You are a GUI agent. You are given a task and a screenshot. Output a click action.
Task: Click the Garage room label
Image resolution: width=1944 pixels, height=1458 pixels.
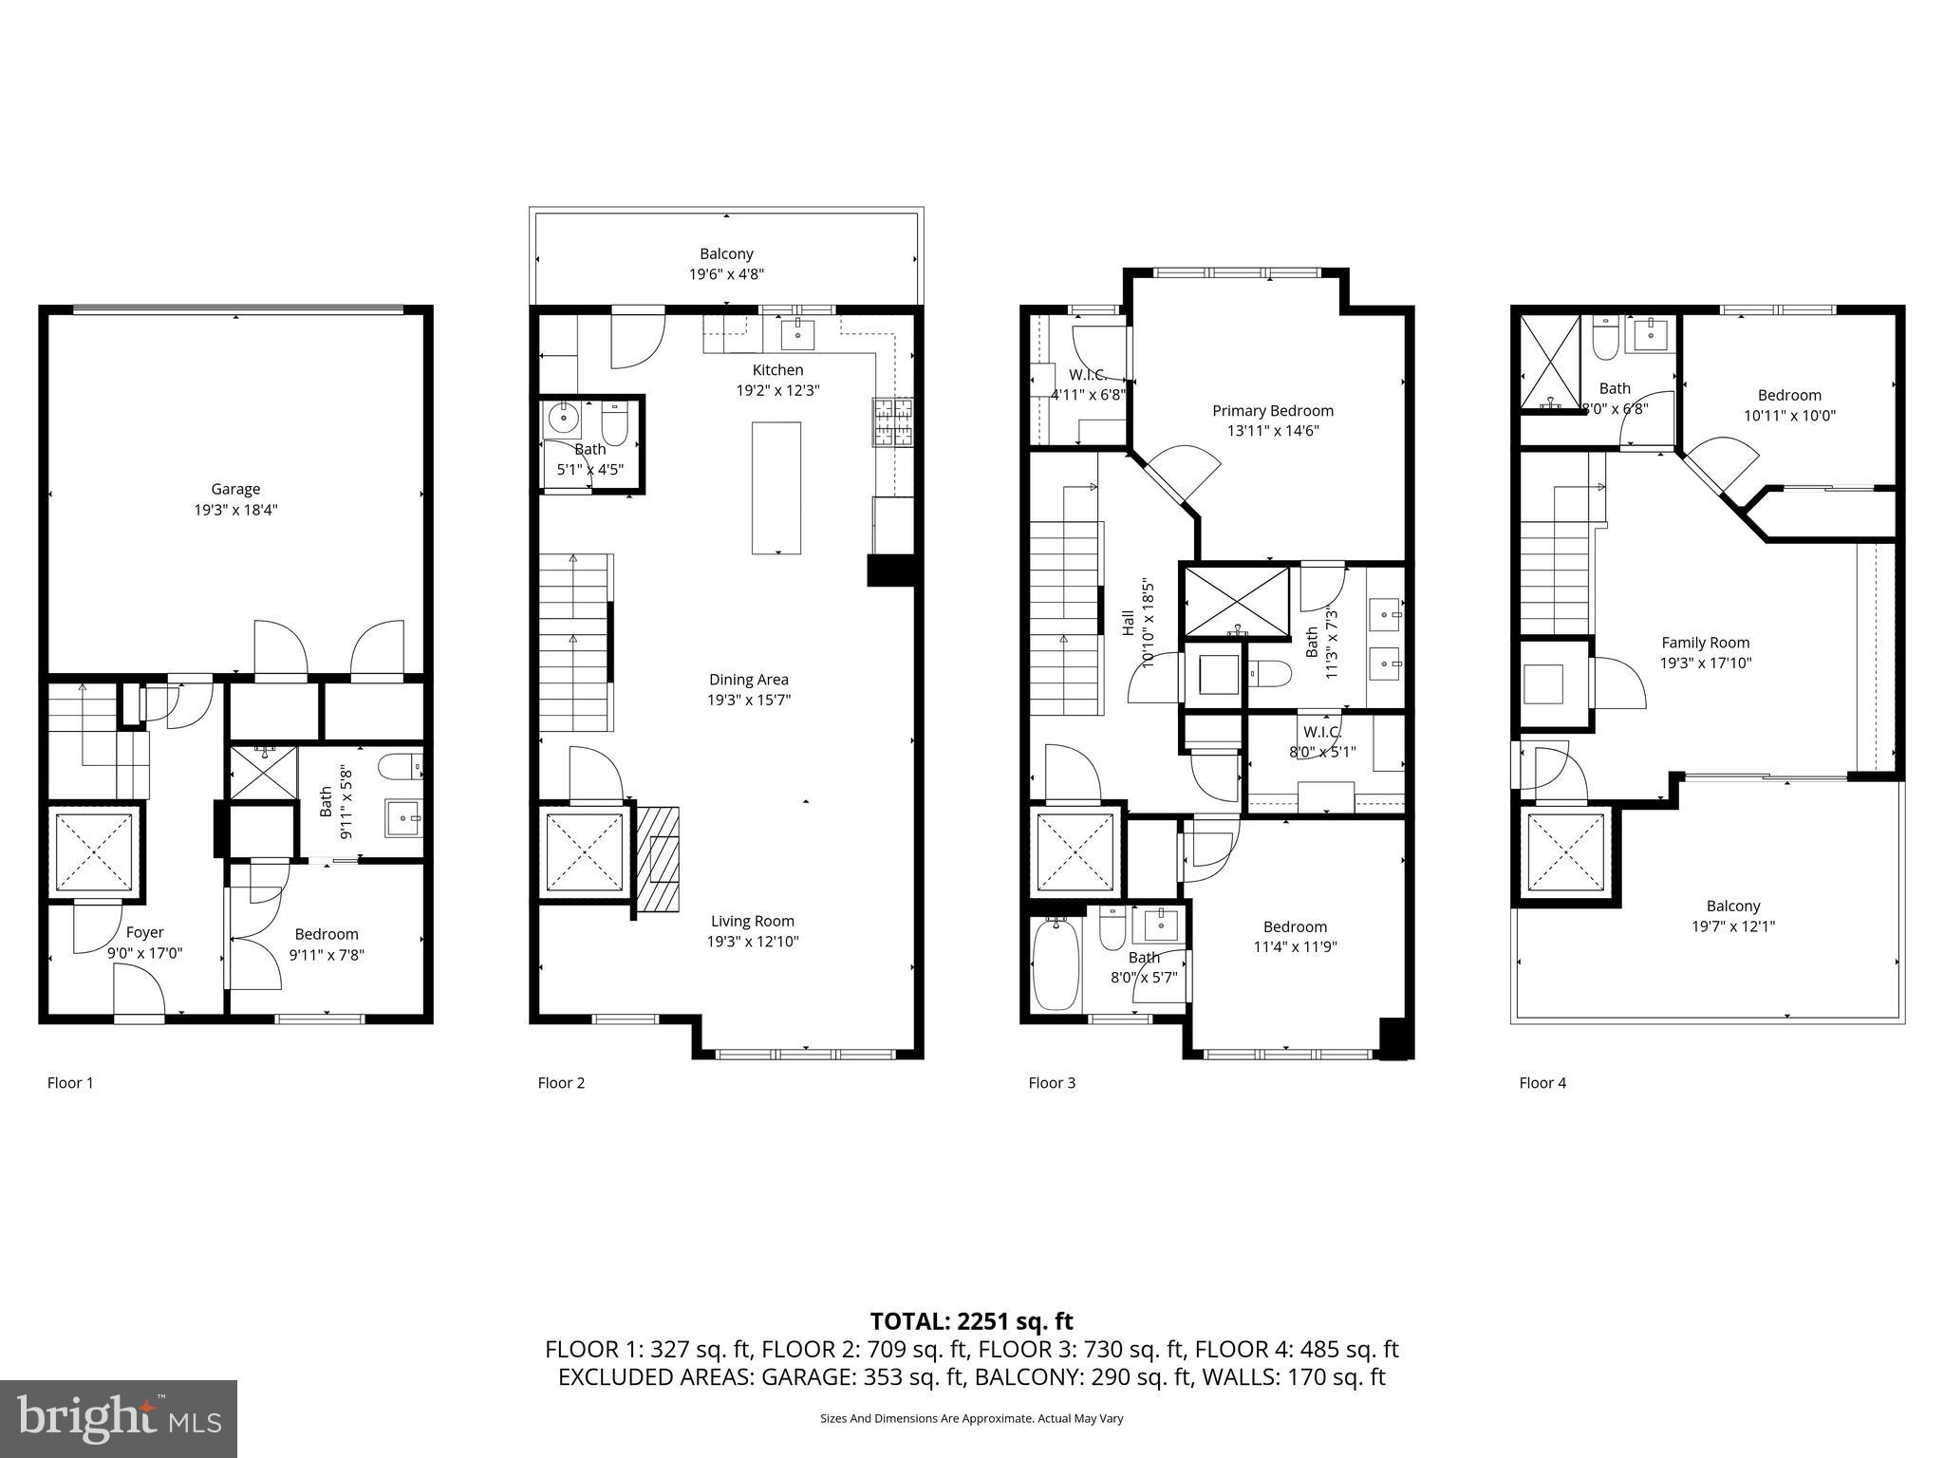point(235,490)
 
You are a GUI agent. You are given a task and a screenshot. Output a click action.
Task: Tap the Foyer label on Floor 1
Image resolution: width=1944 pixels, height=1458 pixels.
point(144,933)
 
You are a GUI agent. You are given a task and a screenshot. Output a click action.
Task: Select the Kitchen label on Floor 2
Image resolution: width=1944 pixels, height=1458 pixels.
point(777,370)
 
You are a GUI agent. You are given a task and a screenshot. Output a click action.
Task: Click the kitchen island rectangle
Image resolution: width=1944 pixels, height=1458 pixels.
point(776,488)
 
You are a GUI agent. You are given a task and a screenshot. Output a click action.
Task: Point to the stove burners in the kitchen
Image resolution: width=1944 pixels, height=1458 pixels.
point(892,422)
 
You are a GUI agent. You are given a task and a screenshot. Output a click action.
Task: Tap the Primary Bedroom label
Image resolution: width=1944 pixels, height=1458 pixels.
point(1272,411)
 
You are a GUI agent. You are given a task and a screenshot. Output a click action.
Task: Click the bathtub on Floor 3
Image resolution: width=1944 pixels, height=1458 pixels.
point(1056,963)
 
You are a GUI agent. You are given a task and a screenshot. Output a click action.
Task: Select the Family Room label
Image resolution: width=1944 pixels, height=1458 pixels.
point(1705,643)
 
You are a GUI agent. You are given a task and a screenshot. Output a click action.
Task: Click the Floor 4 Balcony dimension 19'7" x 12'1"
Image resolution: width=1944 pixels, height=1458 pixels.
point(1732,926)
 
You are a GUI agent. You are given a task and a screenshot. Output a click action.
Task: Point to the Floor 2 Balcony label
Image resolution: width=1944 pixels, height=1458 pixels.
point(726,253)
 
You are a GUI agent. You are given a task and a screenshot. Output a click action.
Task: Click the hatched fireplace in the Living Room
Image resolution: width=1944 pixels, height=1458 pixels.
point(658,859)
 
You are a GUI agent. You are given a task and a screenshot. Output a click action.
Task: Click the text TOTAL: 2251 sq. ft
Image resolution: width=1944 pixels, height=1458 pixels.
point(971,1321)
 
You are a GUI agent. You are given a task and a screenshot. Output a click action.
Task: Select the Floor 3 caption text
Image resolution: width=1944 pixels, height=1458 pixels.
point(1052,1082)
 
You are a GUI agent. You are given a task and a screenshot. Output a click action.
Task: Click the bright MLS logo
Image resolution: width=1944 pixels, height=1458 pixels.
point(118,1418)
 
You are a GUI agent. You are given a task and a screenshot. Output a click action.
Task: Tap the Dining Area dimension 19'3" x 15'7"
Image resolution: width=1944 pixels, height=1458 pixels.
point(749,700)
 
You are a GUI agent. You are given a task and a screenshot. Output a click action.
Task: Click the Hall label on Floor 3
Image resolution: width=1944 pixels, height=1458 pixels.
point(1129,623)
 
